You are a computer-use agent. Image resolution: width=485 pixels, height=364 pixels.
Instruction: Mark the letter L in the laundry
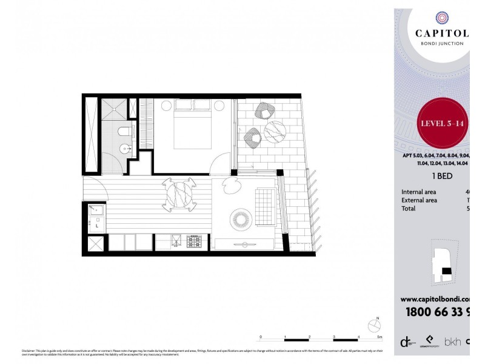coord(97,226)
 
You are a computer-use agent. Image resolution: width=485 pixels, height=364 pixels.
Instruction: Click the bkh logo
coord(452,342)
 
